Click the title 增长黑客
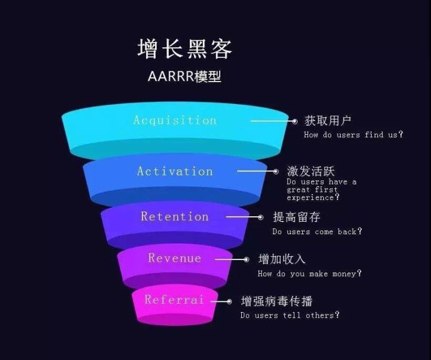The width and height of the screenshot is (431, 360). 184,49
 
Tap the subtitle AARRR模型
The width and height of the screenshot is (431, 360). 184,77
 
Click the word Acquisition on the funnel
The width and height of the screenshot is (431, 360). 175,120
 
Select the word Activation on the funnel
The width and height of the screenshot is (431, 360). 175,171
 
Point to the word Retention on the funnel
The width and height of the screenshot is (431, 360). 175,217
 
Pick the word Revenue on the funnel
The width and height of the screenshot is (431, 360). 175,258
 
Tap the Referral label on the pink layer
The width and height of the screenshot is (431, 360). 174,300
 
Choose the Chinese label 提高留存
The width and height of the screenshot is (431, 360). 296,217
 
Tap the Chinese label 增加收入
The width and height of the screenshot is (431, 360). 282,259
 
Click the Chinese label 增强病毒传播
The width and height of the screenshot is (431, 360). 277,301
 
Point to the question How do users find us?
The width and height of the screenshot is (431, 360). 353,135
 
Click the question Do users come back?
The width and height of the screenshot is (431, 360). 317,231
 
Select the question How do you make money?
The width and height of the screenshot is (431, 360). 309,274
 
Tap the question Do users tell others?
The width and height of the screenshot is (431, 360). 290,315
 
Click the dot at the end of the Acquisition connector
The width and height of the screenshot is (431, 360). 294,121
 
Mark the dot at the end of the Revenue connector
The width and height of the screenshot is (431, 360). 246,259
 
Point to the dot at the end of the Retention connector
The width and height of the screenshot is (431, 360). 260,217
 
